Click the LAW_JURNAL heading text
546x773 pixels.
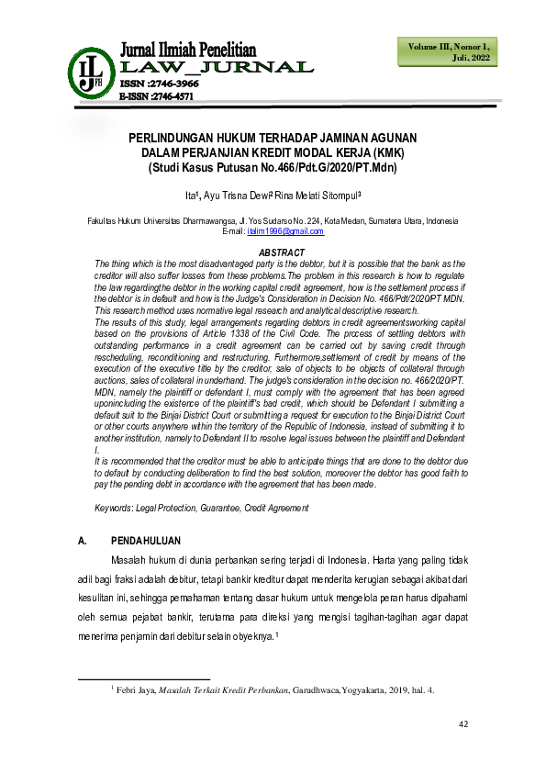click(x=217, y=67)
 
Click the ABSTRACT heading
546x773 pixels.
click(x=282, y=252)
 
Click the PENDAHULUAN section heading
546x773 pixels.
click(x=146, y=541)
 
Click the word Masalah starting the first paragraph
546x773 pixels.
click(x=132, y=560)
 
